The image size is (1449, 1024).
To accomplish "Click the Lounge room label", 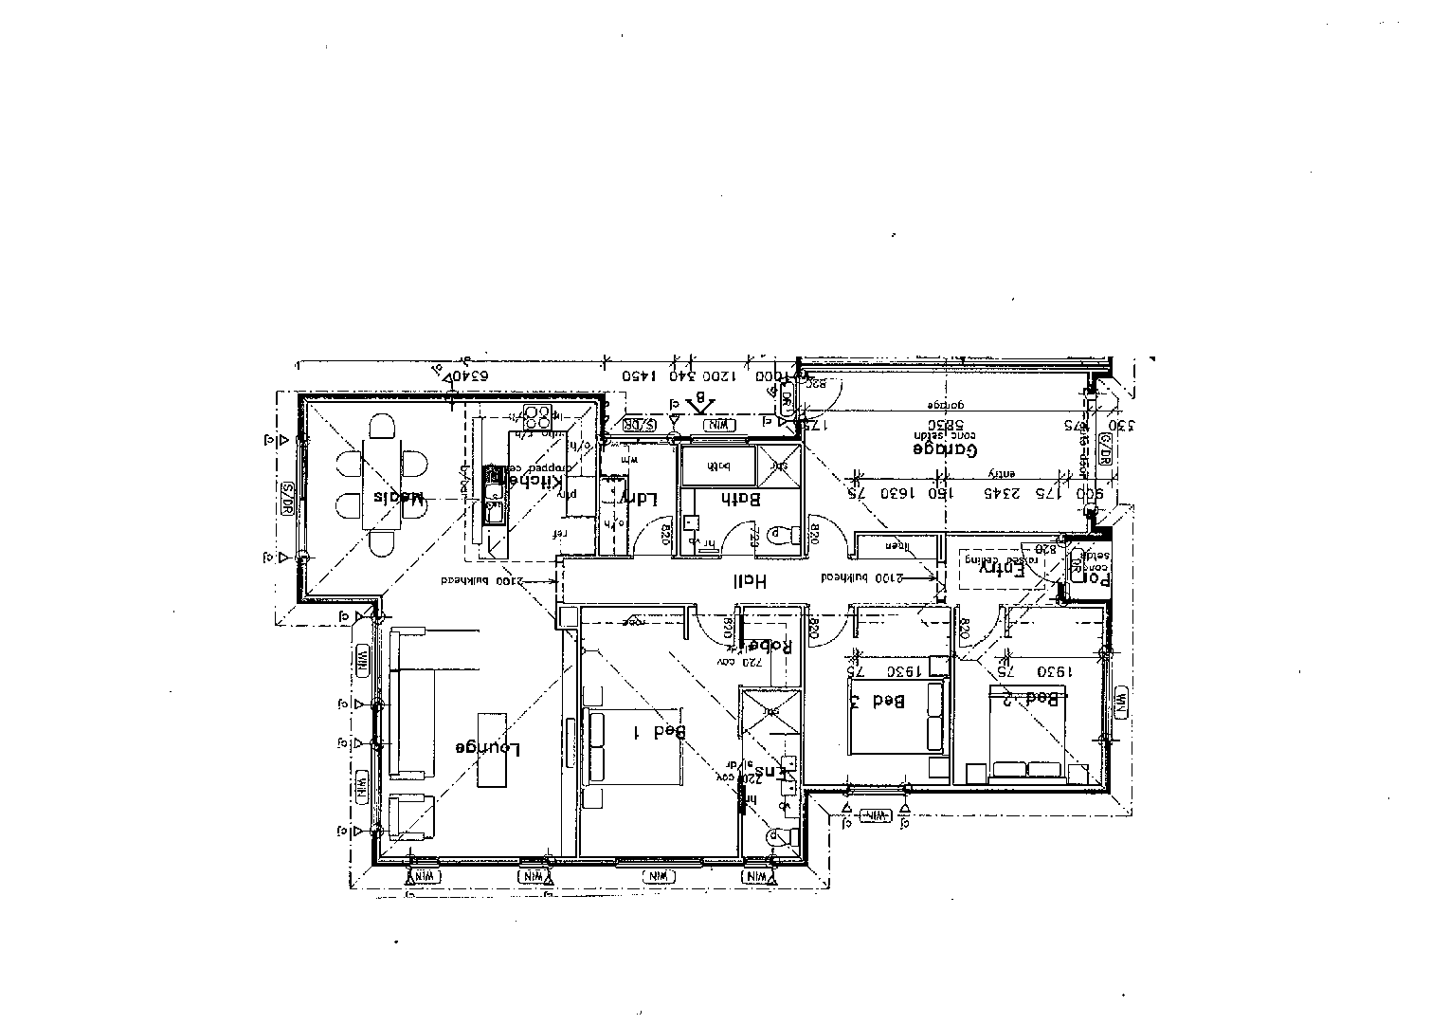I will tap(488, 747).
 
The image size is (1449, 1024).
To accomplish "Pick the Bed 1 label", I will tap(659, 731).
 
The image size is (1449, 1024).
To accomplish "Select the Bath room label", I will tap(741, 499).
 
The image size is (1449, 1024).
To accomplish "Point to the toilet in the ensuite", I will tap(779, 836).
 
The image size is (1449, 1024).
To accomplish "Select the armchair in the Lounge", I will tap(410, 816).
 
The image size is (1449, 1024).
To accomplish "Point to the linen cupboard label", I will tap(896, 546).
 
